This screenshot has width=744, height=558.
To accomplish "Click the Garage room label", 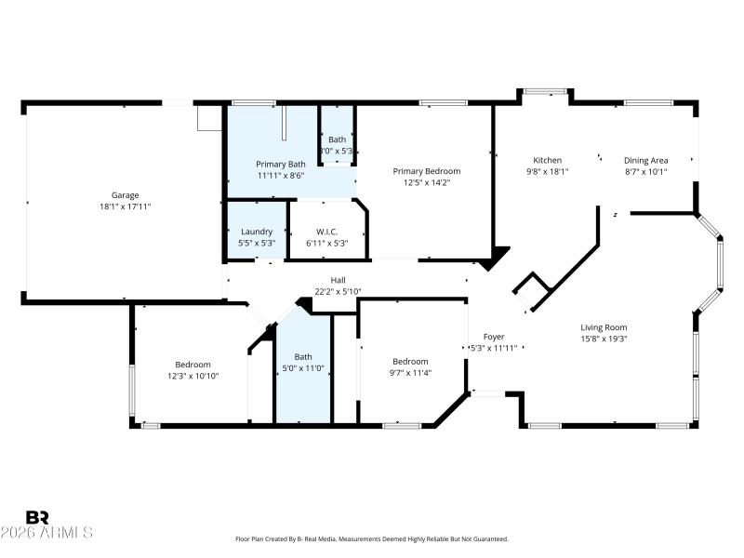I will click(126, 195).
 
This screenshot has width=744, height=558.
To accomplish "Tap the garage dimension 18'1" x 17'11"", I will click(126, 206).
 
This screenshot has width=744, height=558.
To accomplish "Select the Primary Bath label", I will click(281, 164).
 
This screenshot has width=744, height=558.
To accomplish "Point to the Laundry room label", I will click(256, 232).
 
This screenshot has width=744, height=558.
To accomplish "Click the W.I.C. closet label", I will click(326, 232).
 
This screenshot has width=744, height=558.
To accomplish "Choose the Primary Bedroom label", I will click(426, 171).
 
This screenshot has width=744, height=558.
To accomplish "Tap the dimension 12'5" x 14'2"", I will click(426, 182).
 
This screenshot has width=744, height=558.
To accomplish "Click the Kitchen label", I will click(547, 160).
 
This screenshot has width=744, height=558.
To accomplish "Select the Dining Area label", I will click(645, 160).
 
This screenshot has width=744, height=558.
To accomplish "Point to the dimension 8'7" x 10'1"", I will click(645, 171).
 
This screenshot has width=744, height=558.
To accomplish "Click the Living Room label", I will click(604, 327).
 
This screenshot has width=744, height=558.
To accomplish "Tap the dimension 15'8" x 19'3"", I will click(604, 339).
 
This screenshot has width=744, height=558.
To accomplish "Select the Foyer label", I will click(493, 337).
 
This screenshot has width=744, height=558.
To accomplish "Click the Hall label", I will click(338, 280).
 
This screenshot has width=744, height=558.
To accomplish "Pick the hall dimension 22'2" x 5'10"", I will click(338, 291).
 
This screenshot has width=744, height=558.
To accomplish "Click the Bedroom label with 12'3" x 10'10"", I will click(193, 365).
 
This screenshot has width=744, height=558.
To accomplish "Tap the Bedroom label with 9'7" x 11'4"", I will click(410, 361).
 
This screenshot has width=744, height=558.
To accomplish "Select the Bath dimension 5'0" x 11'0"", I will click(303, 367).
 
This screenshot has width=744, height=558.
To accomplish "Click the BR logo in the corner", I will click(37, 517).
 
